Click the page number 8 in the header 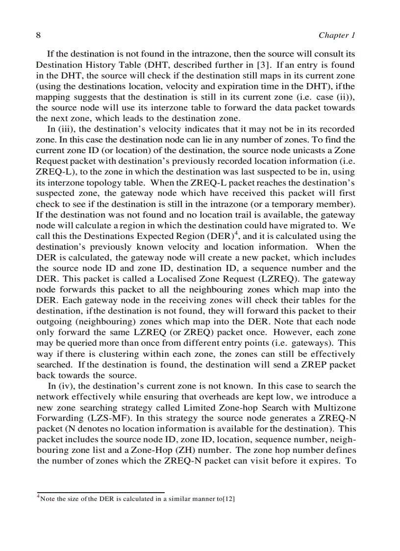38,35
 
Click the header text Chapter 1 336,35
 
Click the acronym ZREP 312,365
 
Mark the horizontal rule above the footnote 100,492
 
